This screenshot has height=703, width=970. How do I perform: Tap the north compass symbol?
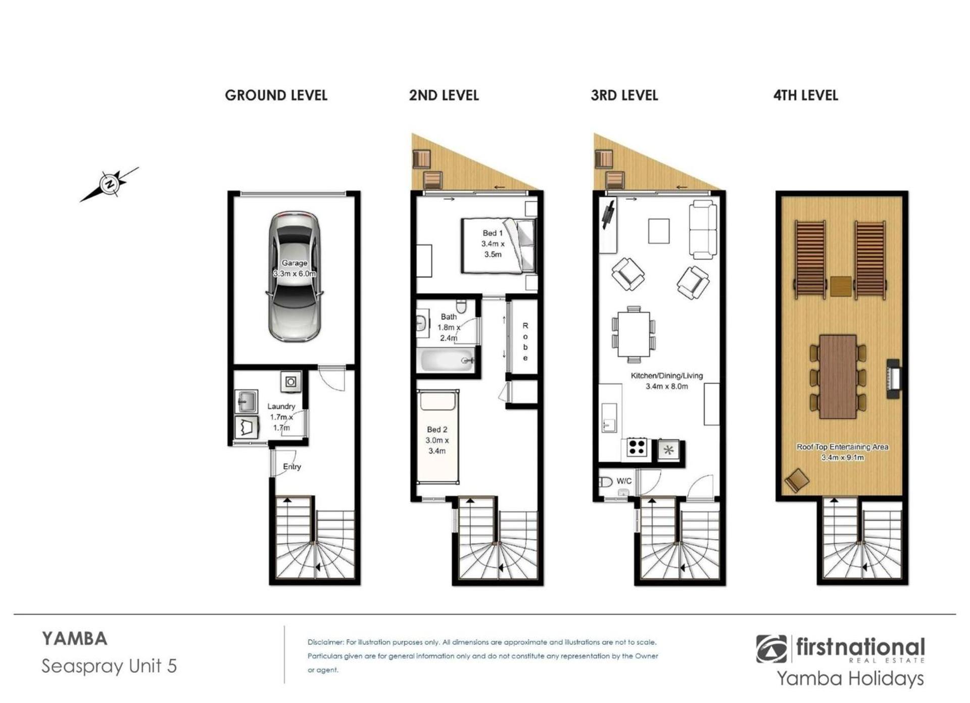pyautogui.click(x=109, y=185)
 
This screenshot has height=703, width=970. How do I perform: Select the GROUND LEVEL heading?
pyautogui.click(x=276, y=95)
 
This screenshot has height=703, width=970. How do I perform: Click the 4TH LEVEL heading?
pyautogui.click(x=805, y=95)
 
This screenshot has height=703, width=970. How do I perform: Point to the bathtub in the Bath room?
pyautogui.click(x=448, y=360)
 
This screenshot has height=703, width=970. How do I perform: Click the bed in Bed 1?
pyautogui.click(x=498, y=245)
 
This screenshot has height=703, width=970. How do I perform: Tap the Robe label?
pyautogui.click(x=525, y=342)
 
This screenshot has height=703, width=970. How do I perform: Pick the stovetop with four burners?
pyautogui.click(x=638, y=448)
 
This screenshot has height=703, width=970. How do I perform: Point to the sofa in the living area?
pyautogui.click(x=703, y=230)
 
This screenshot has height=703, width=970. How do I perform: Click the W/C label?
pyautogui.click(x=624, y=481)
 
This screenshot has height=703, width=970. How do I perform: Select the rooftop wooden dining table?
pyautogui.click(x=838, y=377)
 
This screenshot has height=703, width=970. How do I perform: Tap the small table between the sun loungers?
pyautogui.click(x=841, y=286)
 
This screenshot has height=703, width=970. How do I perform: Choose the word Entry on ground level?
pyautogui.click(x=292, y=467)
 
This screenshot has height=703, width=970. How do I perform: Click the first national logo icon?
pyautogui.click(x=771, y=649)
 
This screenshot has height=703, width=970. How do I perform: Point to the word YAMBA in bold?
pyautogui.click(x=75, y=639)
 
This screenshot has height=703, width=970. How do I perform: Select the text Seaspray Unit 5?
pyautogui.click(x=109, y=666)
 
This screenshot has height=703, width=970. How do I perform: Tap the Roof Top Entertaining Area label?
pyautogui.click(x=842, y=452)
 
